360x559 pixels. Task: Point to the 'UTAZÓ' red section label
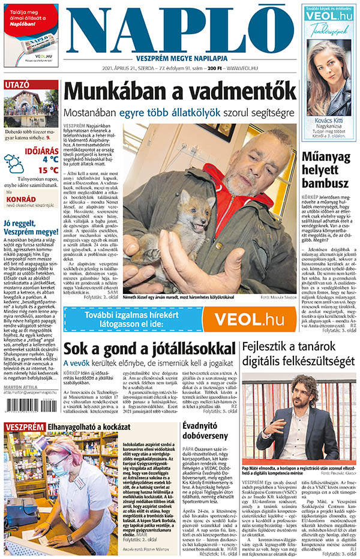(17, 85)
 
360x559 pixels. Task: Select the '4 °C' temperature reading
(50, 159)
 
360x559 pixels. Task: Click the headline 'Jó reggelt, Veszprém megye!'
(31, 229)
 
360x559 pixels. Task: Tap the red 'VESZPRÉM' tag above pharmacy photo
(24, 428)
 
